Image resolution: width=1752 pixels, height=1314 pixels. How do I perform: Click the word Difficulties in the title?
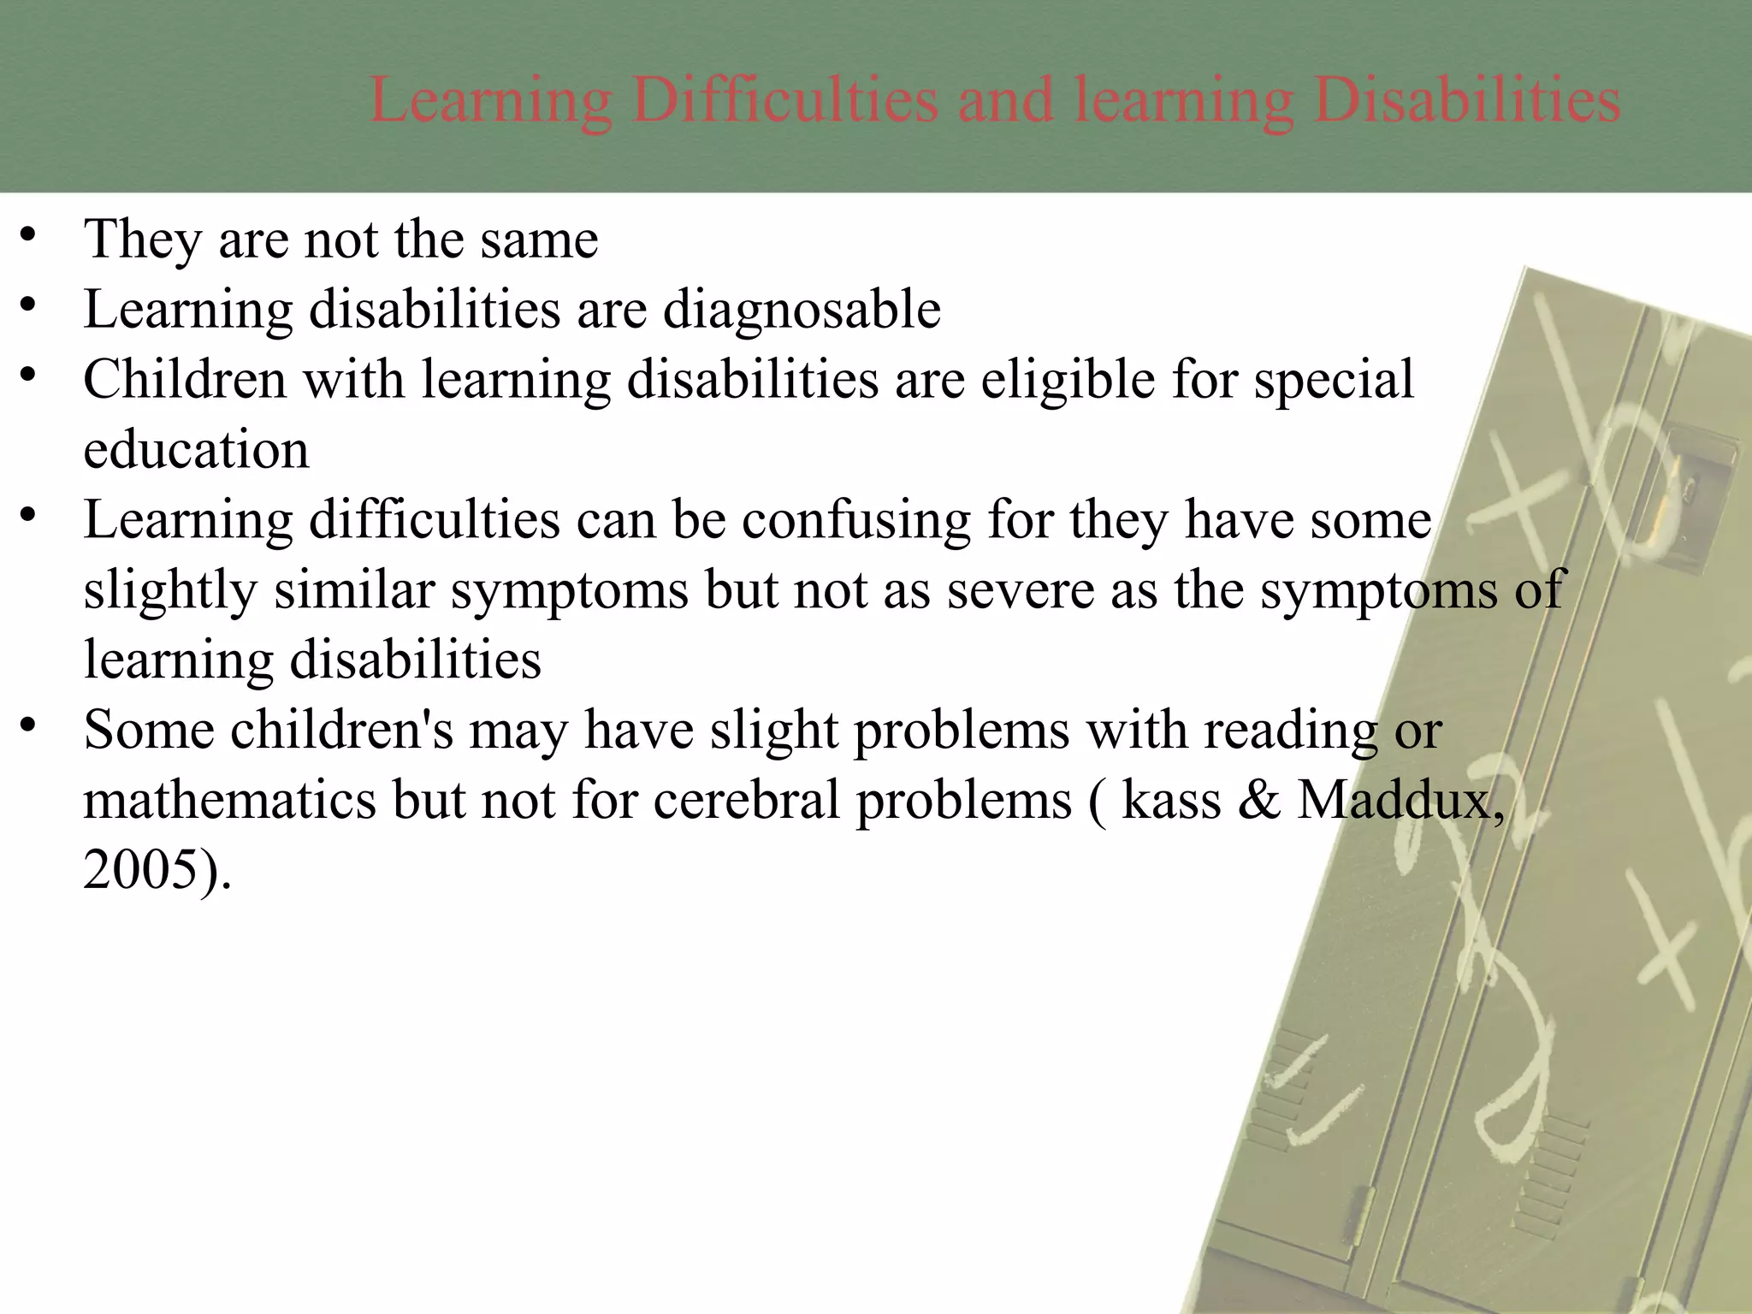[785, 101]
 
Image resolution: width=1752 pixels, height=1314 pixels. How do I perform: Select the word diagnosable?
[802, 310]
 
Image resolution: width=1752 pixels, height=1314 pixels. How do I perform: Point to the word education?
[196, 450]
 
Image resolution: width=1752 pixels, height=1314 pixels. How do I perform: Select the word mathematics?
[229, 801]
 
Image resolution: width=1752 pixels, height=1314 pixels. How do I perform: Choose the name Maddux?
[1400, 801]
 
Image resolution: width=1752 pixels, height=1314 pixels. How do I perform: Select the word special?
[1334, 380]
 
